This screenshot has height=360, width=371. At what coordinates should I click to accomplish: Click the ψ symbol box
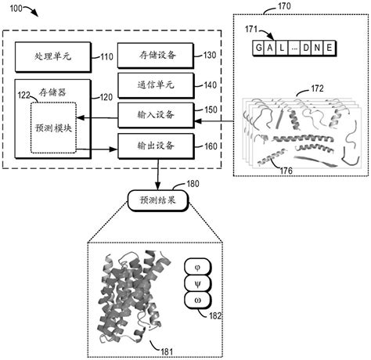(196, 283)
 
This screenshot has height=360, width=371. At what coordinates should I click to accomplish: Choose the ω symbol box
(196, 300)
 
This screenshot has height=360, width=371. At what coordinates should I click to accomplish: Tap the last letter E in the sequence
(330, 49)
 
